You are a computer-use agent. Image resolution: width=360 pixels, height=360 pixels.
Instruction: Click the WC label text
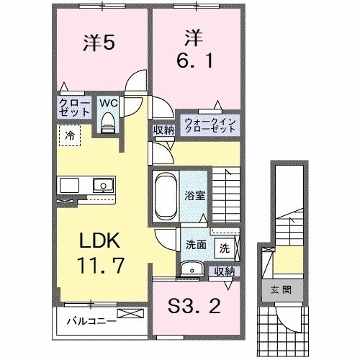(x=108, y=103)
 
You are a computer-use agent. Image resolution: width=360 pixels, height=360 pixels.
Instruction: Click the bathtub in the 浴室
(x=163, y=196)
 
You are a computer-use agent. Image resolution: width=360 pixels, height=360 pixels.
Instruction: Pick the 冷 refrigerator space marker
(x=71, y=134)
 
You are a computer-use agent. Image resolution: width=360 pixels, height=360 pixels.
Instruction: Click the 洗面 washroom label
(x=197, y=244)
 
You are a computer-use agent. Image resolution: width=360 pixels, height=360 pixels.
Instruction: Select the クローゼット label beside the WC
(x=74, y=108)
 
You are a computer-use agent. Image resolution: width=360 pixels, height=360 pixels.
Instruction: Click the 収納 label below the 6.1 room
(x=163, y=130)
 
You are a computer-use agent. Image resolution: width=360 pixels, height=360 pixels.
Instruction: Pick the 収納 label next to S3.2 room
(x=225, y=271)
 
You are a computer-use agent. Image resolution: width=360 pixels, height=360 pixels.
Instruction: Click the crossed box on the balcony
(x=132, y=314)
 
